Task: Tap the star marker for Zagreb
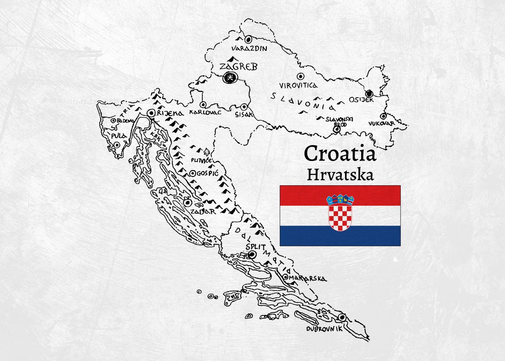click(x=230, y=77)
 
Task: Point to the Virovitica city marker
click(x=300, y=77)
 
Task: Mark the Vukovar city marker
click(x=383, y=116)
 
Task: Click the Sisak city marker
click(x=244, y=107)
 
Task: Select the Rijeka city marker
click(x=151, y=112)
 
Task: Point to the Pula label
click(x=116, y=136)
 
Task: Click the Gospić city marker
click(x=192, y=173)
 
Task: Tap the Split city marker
click(x=252, y=254)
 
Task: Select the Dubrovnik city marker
click(x=341, y=317)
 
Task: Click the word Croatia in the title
click(x=340, y=154)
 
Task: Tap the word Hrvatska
click(x=340, y=174)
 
